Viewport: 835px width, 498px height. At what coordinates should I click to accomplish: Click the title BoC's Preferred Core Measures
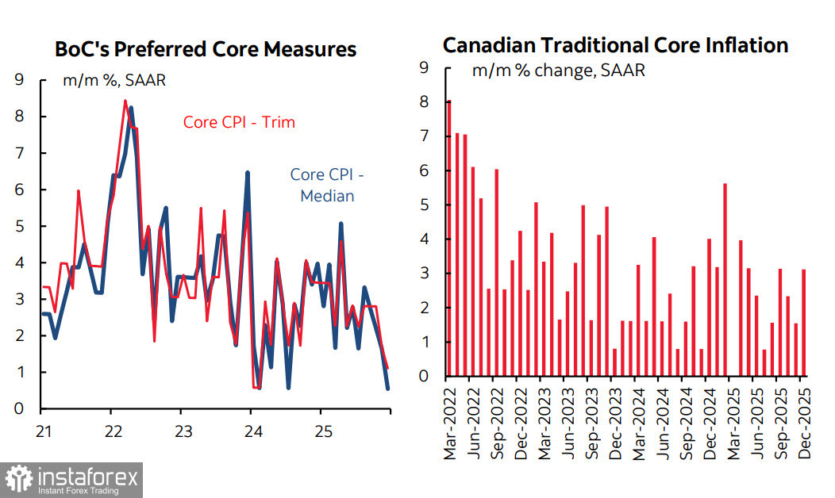pyautogui.click(x=206, y=50)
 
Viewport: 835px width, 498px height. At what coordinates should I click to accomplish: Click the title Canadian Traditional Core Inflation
pyautogui.click(x=615, y=45)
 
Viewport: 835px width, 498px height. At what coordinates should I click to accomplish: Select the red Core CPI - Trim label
pyautogui.click(x=239, y=122)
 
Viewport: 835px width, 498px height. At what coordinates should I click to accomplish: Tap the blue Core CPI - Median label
pyautogui.click(x=327, y=184)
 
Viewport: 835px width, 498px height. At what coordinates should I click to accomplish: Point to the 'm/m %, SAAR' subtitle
pyautogui.click(x=114, y=80)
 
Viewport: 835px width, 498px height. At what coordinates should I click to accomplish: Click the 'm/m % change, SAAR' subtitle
pyautogui.click(x=558, y=70)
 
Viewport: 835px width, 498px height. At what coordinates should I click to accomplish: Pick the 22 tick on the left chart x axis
pyautogui.click(x=112, y=432)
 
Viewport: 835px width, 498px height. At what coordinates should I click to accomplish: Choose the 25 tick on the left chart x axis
pyautogui.click(x=320, y=432)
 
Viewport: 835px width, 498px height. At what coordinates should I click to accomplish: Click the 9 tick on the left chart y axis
pyautogui.click(x=19, y=79)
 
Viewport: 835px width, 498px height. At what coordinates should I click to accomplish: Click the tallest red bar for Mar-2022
pyautogui.click(x=448, y=238)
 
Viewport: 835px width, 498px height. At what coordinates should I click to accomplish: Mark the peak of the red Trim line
pyautogui.click(x=125, y=101)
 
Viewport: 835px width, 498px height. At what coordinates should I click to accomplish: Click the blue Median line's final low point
pyautogui.click(x=388, y=388)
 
